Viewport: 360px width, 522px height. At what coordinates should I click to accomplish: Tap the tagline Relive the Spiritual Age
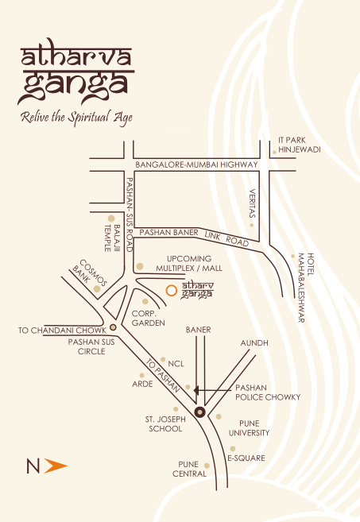pyautogui.click(x=76, y=118)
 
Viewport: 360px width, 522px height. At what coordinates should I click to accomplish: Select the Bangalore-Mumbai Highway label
pyautogui.click(x=196, y=164)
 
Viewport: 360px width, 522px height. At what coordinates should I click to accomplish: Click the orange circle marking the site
pyautogui.click(x=170, y=290)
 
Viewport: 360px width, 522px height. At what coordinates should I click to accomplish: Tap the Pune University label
pyautogui.click(x=250, y=428)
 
